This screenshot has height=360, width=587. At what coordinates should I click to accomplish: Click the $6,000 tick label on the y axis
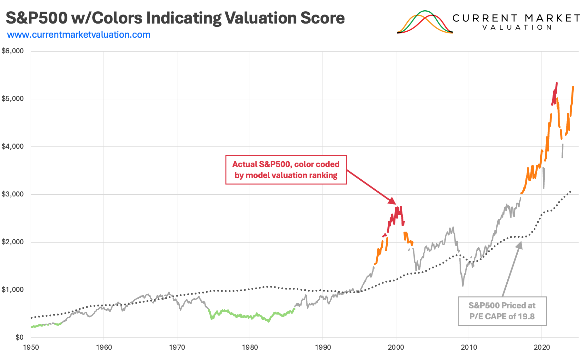(13, 51)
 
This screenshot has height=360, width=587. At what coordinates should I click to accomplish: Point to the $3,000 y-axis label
(13, 194)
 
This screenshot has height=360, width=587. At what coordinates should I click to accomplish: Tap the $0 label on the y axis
(17, 337)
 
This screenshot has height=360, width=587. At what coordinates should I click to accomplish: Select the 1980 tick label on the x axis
(250, 347)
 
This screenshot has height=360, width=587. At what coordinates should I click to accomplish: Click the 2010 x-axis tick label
(469, 347)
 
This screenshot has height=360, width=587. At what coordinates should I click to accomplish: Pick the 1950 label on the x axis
(31, 347)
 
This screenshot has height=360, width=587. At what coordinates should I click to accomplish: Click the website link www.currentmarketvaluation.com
(79, 35)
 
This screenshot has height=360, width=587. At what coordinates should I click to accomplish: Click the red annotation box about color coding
(286, 170)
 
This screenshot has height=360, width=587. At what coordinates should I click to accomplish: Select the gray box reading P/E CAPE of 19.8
(502, 311)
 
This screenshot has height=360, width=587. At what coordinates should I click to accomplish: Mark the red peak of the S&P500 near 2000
(401, 207)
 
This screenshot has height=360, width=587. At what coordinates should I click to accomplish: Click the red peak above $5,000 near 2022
(557, 83)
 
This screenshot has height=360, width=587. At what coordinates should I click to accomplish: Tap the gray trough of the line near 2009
(463, 285)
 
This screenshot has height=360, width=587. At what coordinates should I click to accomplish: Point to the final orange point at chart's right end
(573, 86)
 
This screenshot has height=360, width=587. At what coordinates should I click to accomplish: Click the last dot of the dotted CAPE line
(571, 192)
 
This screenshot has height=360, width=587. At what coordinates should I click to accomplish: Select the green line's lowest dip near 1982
(269, 321)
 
